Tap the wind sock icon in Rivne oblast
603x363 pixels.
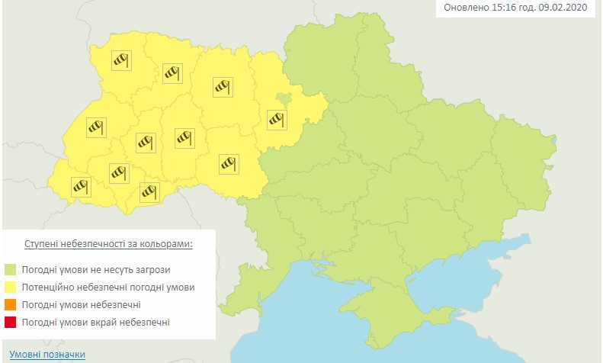[x=172, y=72]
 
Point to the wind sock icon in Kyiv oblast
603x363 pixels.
[x=276, y=118]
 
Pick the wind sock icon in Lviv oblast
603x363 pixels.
[x=95, y=127]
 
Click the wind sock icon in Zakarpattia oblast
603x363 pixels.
[x=81, y=185]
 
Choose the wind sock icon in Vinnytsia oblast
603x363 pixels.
[x=229, y=162]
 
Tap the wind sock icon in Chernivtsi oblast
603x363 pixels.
[x=149, y=191]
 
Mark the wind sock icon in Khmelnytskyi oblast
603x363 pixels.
[x=184, y=137]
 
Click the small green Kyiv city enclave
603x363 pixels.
[x=284, y=99]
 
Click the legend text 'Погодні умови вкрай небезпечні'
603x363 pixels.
[x=97, y=323]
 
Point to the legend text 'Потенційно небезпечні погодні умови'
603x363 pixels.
[x=109, y=288]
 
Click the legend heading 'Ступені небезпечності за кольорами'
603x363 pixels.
[x=108, y=244]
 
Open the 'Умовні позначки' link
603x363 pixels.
[x=47, y=355]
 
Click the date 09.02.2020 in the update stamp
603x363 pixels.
[x=568, y=8]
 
